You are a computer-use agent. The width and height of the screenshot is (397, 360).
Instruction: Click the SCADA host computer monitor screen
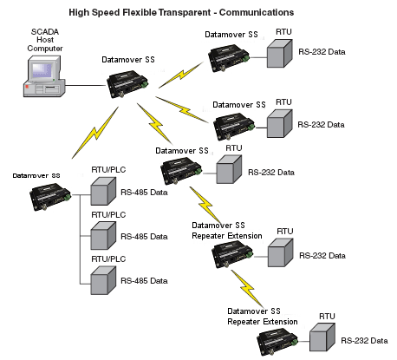[x=42, y=70]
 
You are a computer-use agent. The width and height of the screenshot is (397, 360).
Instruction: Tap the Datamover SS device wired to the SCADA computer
[x=127, y=83]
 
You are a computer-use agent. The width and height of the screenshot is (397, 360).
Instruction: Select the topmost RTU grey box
[x=279, y=54]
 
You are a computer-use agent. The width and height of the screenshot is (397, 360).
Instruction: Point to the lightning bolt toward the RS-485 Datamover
[x=95, y=133]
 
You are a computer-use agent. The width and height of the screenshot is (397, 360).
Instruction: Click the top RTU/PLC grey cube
[x=103, y=192]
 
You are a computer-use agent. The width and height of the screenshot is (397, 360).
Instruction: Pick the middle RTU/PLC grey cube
[x=103, y=236]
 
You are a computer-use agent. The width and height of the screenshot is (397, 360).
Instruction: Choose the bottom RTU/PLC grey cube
[x=103, y=280]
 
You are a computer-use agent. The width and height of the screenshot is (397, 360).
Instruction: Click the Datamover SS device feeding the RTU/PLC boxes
[x=50, y=197]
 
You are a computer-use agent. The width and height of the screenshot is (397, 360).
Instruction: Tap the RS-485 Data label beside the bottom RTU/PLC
[x=144, y=280]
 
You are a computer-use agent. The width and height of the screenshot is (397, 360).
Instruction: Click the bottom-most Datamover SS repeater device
[x=277, y=343]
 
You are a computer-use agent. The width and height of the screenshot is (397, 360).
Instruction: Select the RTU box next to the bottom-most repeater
[x=322, y=337]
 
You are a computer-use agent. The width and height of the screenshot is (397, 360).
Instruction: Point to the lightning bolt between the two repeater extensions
[x=248, y=289]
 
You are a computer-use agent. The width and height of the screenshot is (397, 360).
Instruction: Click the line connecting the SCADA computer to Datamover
[x=86, y=85]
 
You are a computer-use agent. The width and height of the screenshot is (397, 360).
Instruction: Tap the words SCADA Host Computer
[x=45, y=40]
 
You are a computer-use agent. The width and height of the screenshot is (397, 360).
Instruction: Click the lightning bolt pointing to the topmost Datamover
[x=181, y=75]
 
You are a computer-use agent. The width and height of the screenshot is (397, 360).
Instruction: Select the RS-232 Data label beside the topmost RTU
[x=322, y=52]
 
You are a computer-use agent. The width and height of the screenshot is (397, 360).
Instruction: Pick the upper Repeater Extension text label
[x=227, y=236]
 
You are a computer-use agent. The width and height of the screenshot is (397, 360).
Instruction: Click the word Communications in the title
[x=257, y=12]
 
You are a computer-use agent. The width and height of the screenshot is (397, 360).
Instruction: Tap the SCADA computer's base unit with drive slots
[x=44, y=89]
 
